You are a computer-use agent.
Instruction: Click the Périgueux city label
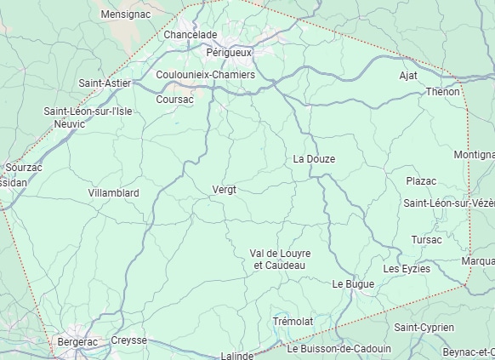coord(229,53)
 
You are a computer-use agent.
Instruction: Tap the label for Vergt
coord(224,189)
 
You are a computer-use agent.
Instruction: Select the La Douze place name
coord(314,159)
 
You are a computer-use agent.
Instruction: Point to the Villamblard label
coord(113,193)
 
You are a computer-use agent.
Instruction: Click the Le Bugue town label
coord(353,283)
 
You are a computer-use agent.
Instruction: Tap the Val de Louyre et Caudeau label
coord(281,260)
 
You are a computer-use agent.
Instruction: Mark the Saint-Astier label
coord(105,83)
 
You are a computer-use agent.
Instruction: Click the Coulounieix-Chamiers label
coord(205,75)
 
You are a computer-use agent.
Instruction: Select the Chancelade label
coord(191,35)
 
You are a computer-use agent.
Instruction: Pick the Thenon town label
coord(442,91)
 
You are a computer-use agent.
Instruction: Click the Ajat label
coord(408,76)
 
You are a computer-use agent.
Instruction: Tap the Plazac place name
coord(421,181)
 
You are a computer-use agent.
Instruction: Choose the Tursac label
coord(426,240)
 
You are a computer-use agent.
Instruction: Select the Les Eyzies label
coord(407,269)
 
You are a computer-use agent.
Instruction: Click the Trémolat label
coord(293,321)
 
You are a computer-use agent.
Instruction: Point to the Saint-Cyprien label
coord(424,328)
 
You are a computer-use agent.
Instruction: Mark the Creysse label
coord(128,340)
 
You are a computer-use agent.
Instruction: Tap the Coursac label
coord(175,100)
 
